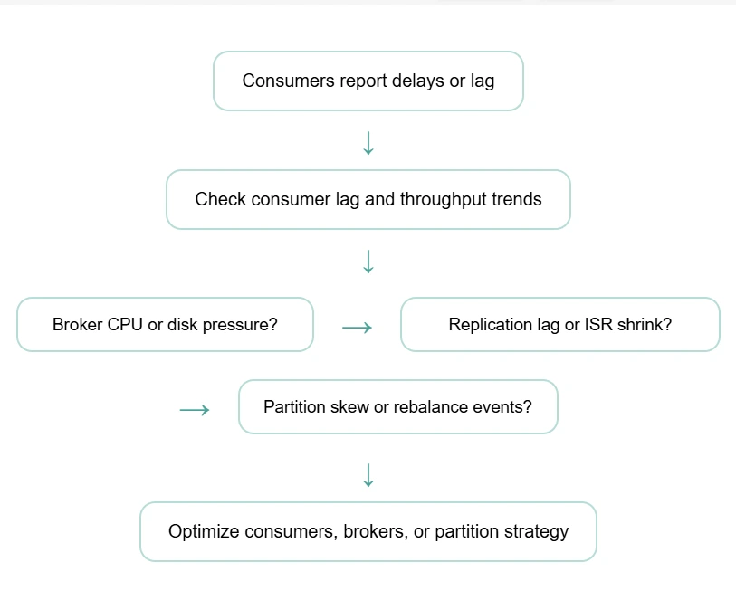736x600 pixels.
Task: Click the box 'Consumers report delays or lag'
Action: coord(368,81)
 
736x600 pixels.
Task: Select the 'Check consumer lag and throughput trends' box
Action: coord(368,199)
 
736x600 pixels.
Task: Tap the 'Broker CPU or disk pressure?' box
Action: coord(165,324)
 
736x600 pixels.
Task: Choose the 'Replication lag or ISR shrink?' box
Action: coord(559,324)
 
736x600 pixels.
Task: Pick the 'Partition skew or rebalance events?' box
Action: coord(397,406)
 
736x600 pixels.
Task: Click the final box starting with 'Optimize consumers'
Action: coord(368,531)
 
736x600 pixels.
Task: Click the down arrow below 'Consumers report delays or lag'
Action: coord(368,143)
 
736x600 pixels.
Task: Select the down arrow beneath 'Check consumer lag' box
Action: coord(368,262)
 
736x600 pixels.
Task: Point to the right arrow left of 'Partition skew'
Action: coord(195,410)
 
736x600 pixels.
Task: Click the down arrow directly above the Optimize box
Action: coord(368,474)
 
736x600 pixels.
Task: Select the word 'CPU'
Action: coord(125,324)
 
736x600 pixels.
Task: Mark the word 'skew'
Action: coord(349,406)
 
